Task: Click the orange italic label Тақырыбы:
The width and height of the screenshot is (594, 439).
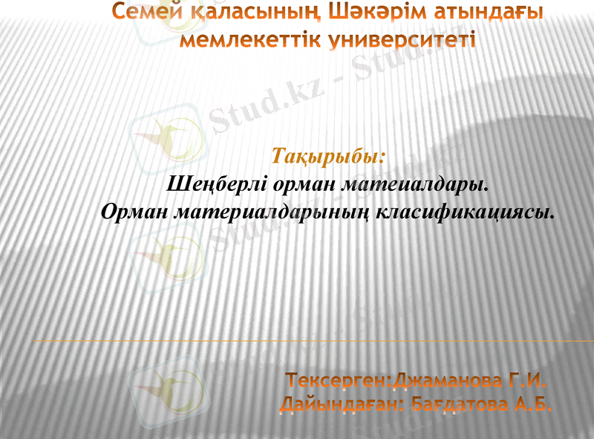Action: tap(329, 157)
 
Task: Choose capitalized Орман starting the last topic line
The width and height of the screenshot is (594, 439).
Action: tap(134, 212)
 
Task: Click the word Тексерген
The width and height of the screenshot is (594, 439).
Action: tap(339, 382)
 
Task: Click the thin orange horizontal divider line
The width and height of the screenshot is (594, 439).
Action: tap(312, 340)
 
